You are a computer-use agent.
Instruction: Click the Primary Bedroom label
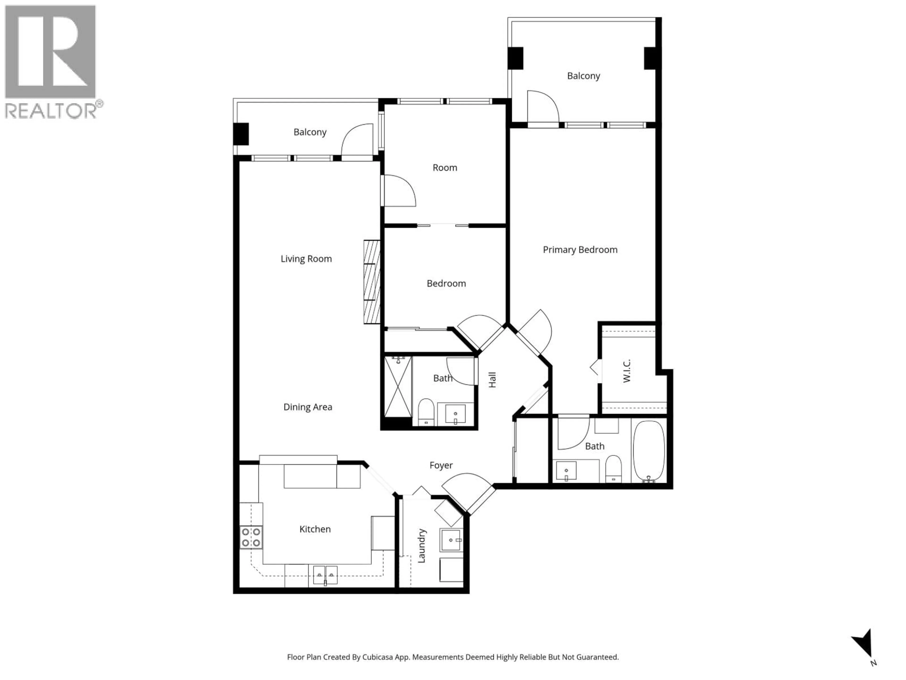(580, 250)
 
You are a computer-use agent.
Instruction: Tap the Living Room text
(306, 259)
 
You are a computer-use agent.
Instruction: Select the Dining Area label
(308, 407)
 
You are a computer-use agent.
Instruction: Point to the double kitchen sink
(325, 575)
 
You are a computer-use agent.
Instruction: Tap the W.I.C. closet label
(627, 371)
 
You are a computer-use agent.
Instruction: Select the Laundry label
(421, 546)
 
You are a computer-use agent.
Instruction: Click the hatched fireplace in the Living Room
(372, 282)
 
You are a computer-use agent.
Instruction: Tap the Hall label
(492, 380)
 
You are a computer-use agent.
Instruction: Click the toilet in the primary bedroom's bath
(613, 468)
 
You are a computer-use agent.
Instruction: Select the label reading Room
(445, 168)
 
